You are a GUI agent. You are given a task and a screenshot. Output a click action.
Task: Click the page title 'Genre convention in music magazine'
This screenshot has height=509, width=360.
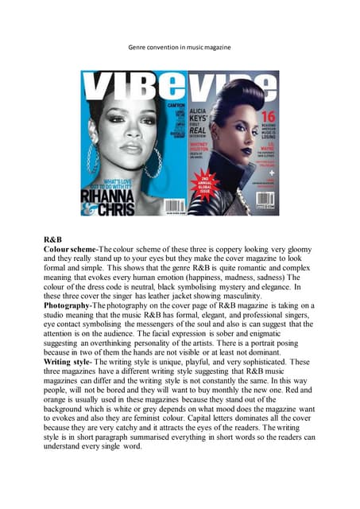(180, 47)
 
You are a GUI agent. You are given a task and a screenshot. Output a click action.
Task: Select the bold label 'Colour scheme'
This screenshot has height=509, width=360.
(70, 249)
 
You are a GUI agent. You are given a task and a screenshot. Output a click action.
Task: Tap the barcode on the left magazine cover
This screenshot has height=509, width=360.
(176, 207)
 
